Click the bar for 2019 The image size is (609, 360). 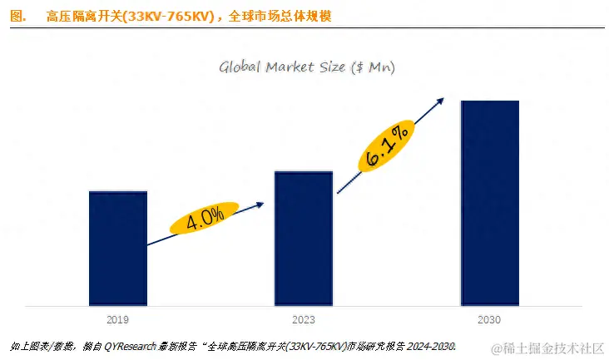click(117, 247)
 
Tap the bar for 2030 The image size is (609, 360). click(490, 202)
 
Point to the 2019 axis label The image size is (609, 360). click(117, 318)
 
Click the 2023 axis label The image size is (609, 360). click(304, 318)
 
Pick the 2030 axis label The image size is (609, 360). click(490, 318)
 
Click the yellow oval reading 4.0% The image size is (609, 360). click(205, 219)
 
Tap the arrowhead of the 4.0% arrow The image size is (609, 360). click(260, 203)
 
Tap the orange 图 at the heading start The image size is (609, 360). click(15, 16)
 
